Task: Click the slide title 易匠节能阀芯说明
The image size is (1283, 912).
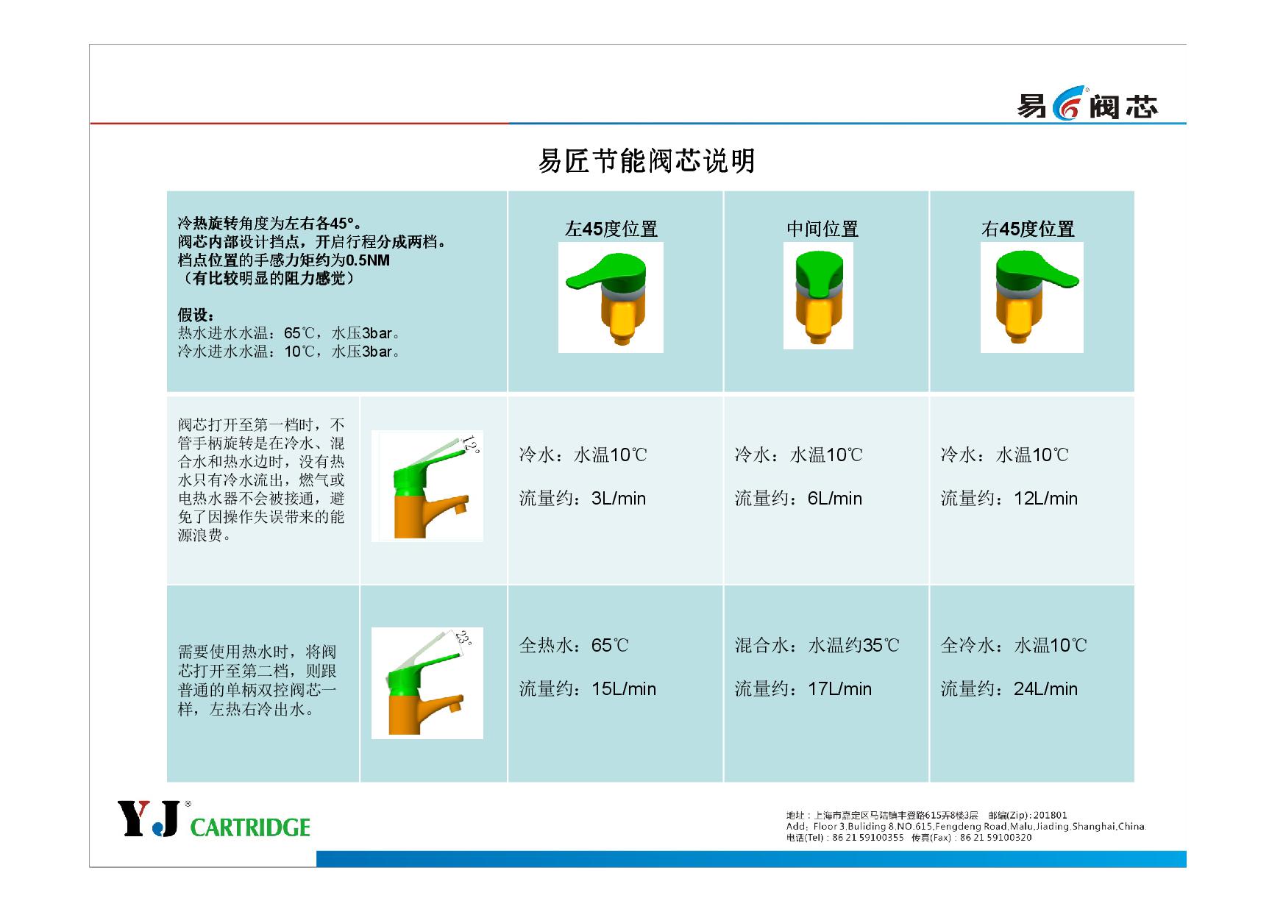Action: tap(647, 160)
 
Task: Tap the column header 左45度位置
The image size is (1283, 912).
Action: tap(611, 229)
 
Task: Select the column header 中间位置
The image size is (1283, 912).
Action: tap(822, 229)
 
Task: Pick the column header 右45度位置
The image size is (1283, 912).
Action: tap(1028, 229)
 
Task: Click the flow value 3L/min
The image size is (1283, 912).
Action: tap(619, 499)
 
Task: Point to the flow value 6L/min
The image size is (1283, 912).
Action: tap(835, 499)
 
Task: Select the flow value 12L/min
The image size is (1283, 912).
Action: tap(1045, 499)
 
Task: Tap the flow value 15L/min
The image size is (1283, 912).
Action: tap(624, 689)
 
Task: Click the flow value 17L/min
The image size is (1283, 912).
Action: tap(839, 689)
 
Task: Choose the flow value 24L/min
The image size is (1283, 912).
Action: tap(1045, 689)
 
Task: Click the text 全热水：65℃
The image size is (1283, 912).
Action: tap(574, 646)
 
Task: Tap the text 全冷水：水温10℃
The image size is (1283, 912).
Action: tap(1013, 646)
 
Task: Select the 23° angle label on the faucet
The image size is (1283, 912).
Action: tap(463, 638)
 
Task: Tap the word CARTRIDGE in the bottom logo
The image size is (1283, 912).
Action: tap(250, 827)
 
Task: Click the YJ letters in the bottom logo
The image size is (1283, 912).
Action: tap(148, 819)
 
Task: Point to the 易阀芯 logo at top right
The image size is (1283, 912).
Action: tap(1087, 107)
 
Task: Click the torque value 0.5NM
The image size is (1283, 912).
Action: tap(368, 260)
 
